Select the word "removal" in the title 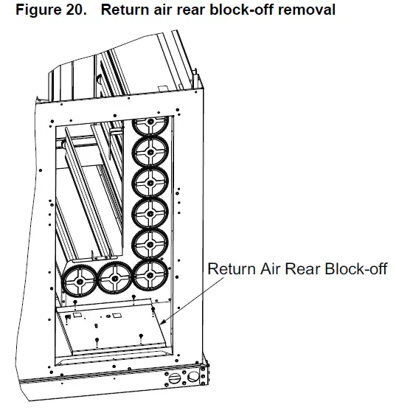tap(285, 10)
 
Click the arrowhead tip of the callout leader tap(158, 322)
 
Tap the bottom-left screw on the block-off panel tap(97, 341)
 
